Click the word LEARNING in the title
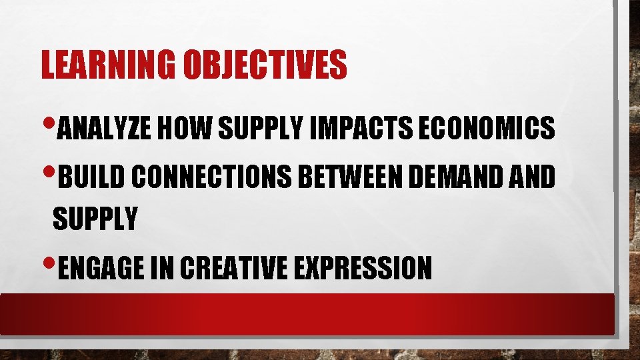pos(107,65)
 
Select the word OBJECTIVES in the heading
pos(265,65)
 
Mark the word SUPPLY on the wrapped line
pos(95,218)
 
